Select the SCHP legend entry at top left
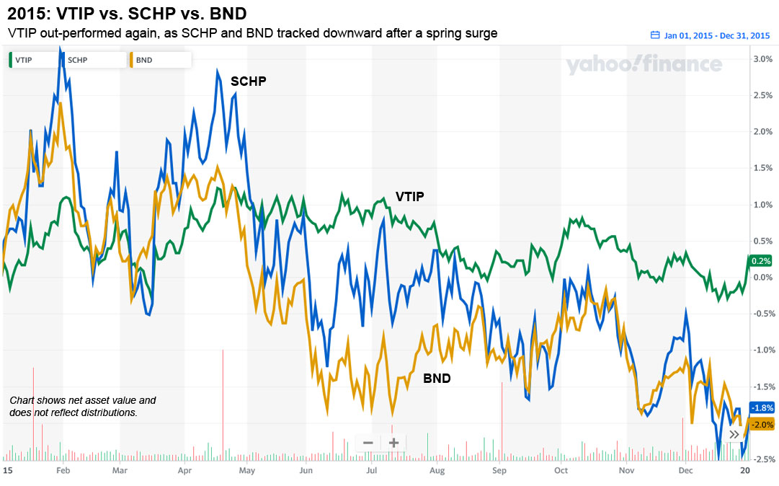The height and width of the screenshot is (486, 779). click(74, 60)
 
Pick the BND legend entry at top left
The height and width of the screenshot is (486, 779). click(141, 60)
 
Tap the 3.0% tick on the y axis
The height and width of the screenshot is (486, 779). click(762, 58)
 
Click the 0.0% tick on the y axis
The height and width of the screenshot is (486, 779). click(762, 277)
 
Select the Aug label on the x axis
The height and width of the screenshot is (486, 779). click(437, 469)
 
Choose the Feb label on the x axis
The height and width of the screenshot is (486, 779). click(63, 469)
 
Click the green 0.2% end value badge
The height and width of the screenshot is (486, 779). click(761, 261)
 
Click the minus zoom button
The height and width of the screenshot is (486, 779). click(368, 443)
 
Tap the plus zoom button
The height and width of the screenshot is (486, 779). click(393, 443)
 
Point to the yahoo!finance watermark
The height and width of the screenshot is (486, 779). click(644, 65)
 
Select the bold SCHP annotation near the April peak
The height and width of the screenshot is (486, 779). click(248, 81)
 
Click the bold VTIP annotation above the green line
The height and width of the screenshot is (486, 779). click(409, 196)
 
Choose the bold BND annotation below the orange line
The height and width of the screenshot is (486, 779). click(437, 378)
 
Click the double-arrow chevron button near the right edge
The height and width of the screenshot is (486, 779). click(734, 434)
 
